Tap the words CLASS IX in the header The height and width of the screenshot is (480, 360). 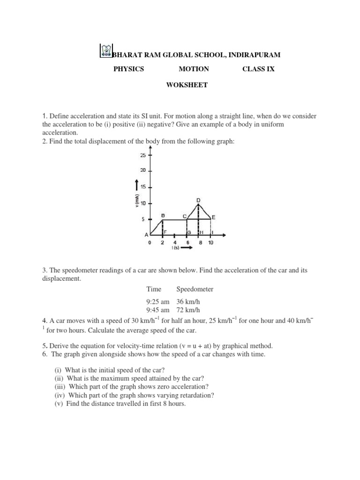tap(258, 69)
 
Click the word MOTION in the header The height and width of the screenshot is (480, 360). tap(194, 69)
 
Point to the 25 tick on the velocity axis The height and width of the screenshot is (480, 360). tap(143, 155)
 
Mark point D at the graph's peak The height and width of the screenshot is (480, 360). tap(198, 201)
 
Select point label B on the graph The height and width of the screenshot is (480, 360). tap(163, 215)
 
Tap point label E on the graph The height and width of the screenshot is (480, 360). tap(214, 217)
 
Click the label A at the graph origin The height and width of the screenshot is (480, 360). tap(146, 235)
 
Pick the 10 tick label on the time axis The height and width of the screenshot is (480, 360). tap(211, 243)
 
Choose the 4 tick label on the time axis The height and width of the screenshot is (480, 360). tap(175, 243)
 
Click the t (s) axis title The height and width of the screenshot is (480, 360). tap(176, 248)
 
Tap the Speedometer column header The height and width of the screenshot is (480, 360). tap(195, 290)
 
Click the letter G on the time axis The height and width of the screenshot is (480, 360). tap(188, 232)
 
